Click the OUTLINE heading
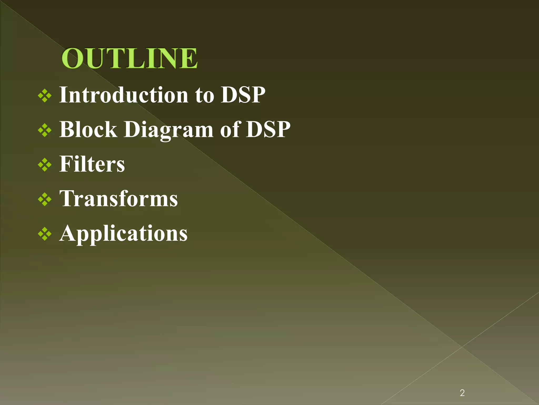pyautogui.click(x=129, y=58)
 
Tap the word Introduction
pyautogui.click(x=124, y=95)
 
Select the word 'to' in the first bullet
pyautogui.click(x=204, y=95)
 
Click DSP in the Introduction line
pyautogui.click(x=243, y=95)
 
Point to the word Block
pyautogui.click(x=88, y=129)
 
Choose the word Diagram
pyautogui.click(x=168, y=130)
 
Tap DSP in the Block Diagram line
pyautogui.click(x=268, y=129)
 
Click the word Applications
pyautogui.click(x=123, y=234)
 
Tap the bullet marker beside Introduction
pyautogui.click(x=45, y=96)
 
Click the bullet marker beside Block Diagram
pyautogui.click(x=45, y=130)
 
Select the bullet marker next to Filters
pyautogui.click(x=45, y=165)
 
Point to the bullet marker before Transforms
pyautogui.click(x=45, y=200)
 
